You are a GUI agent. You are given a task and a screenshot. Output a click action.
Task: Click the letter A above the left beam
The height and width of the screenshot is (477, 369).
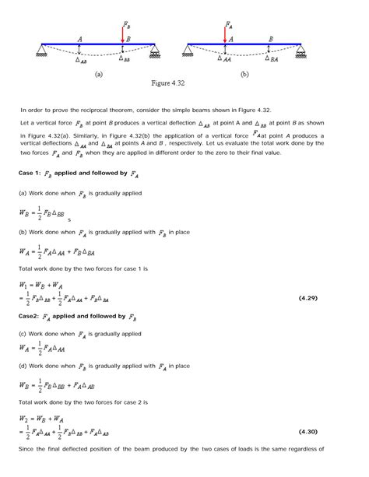[80, 38]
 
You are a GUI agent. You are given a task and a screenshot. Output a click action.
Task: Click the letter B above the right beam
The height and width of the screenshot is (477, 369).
[270, 38]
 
